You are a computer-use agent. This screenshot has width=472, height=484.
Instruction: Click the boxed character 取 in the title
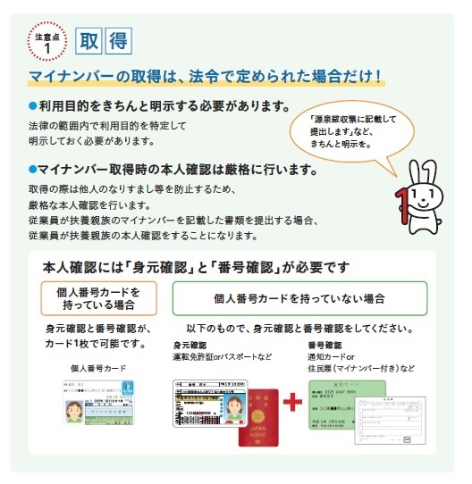(88, 40)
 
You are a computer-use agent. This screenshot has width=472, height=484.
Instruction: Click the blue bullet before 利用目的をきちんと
(31, 106)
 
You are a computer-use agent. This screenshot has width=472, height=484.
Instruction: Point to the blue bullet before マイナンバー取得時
(31, 169)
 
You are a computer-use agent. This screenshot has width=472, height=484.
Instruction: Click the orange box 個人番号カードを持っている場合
(99, 297)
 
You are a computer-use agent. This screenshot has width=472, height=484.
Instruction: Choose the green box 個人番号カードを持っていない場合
(299, 297)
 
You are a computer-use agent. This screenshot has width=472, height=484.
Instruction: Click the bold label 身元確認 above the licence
(190, 344)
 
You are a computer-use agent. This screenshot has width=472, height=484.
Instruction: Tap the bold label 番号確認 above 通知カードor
(326, 344)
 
